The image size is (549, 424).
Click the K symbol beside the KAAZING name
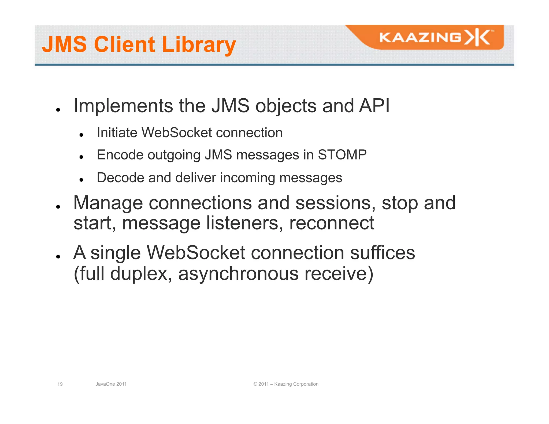[x=478, y=38]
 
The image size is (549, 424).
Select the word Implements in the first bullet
[x=123, y=106]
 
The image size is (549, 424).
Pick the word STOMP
[x=342, y=155]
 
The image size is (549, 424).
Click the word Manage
[x=108, y=203]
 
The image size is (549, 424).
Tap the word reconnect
[x=332, y=224]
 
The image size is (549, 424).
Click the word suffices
[x=383, y=253]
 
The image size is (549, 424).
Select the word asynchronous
[x=238, y=274]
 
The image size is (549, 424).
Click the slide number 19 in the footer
[x=60, y=384]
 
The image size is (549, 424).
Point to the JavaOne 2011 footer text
[x=111, y=384]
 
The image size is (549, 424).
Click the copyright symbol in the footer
[x=255, y=384]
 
